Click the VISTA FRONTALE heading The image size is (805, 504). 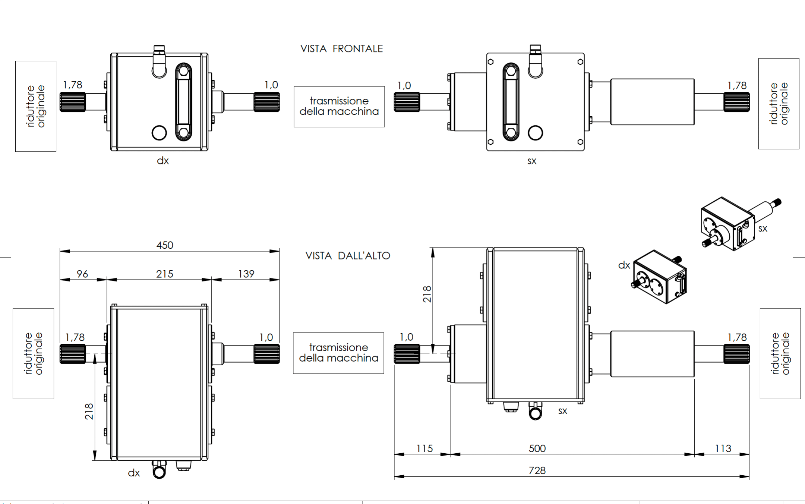pyautogui.click(x=341, y=49)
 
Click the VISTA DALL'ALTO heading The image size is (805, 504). pyautogui.click(x=348, y=256)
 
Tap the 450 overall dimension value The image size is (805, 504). pyautogui.click(x=165, y=245)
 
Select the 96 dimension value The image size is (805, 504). pyautogui.click(x=82, y=274)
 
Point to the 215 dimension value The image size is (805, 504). pyautogui.click(x=165, y=274)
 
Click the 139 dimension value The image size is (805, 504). pyautogui.click(x=246, y=274)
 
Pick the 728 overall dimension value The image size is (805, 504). pyautogui.click(x=537, y=470)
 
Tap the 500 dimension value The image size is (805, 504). pyautogui.click(x=537, y=448)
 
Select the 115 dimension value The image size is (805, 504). pyautogui.click(x=424, y=448)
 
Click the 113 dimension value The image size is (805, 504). pyautogui.click(x=723, y=448)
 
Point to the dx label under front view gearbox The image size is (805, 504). pyautogui.click(x=163, y=161)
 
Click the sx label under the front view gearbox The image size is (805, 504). pyautogui.click(x=532, y=161)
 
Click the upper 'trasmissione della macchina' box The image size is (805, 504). pyautogui.click(x=339, y=107)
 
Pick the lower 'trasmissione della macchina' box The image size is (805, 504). pyautogui.click(x=338, y=353)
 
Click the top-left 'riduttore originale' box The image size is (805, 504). pyautogui.click(x=36, y=106)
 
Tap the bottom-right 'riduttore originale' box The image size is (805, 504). pyautogui.click(x=780, y=353)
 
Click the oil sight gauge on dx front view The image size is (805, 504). pyautogui.click(x=183, y=101)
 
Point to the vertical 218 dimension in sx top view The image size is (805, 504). pyautogui.click(x=427, y=294)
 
